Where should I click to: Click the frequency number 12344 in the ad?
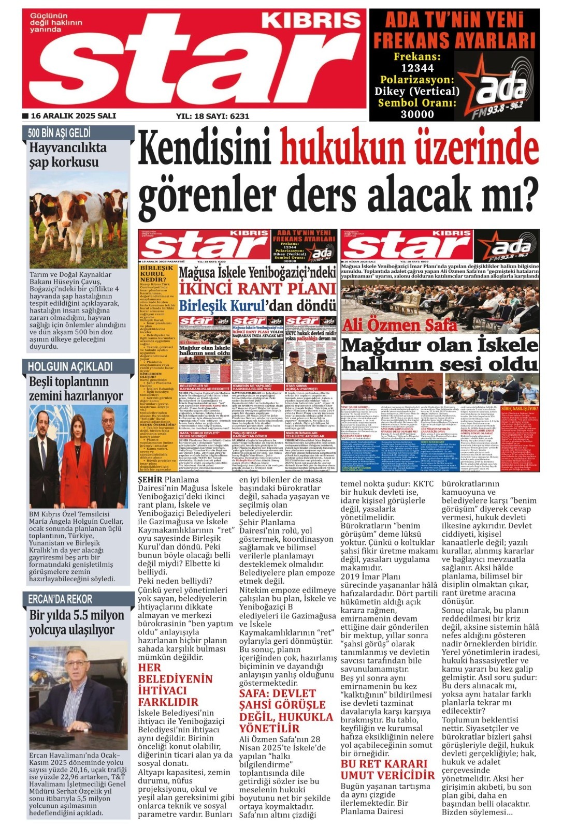point(417,68)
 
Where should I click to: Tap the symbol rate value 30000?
point(417,114)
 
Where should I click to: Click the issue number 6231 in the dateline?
point(239,116)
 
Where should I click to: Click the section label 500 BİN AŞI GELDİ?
point(59,133)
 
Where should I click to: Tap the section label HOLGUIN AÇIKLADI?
point(70,367)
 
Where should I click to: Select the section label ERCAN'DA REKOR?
point(60,599)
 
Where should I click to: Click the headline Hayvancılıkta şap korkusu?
point(67,155)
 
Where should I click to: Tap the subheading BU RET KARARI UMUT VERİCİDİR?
point(387,769)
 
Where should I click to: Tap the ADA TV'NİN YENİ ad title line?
point(454,20)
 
